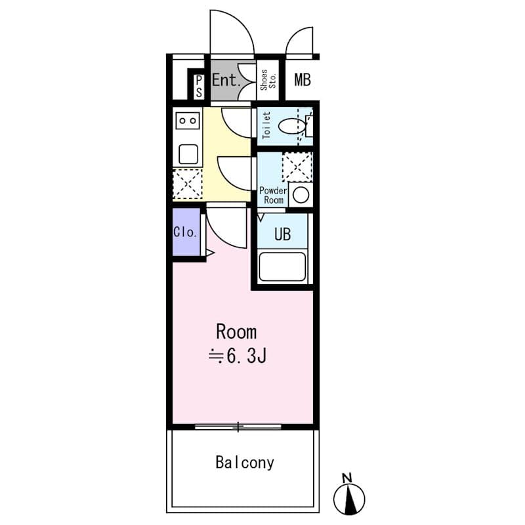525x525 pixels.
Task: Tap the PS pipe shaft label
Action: click(x=199, y=86)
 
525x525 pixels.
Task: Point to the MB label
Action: click(x=302, y=81)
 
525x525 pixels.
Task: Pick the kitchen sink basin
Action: click(x=188, y=154)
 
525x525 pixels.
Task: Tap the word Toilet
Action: click(x=266, y=125)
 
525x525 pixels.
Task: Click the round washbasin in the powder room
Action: click(x=301, y=195)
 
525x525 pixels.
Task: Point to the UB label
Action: click(x=282, y=234)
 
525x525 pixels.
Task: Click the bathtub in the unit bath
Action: click(x=283, y=266)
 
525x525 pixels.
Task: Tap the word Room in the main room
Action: click(x=236, y=331)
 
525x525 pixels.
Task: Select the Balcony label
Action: click(x=244, y=463)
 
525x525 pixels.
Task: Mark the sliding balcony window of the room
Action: click(x=238, y=427)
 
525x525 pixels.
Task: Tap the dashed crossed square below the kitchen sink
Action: click(x=187, y=184)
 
